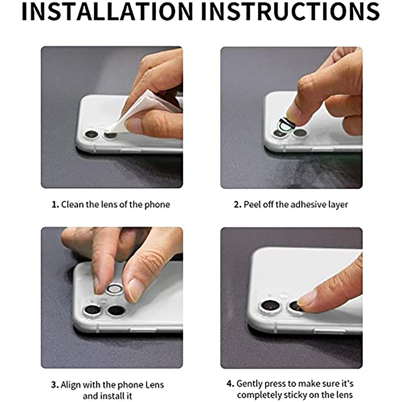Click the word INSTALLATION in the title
pos(107,12)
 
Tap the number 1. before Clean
pos(55,205)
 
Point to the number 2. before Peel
pos(237,205)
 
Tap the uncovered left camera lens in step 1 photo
pos(91,134)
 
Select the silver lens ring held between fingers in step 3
pos(114,289)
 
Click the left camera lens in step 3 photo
pos(92,310)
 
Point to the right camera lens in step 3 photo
pos(116,311)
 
